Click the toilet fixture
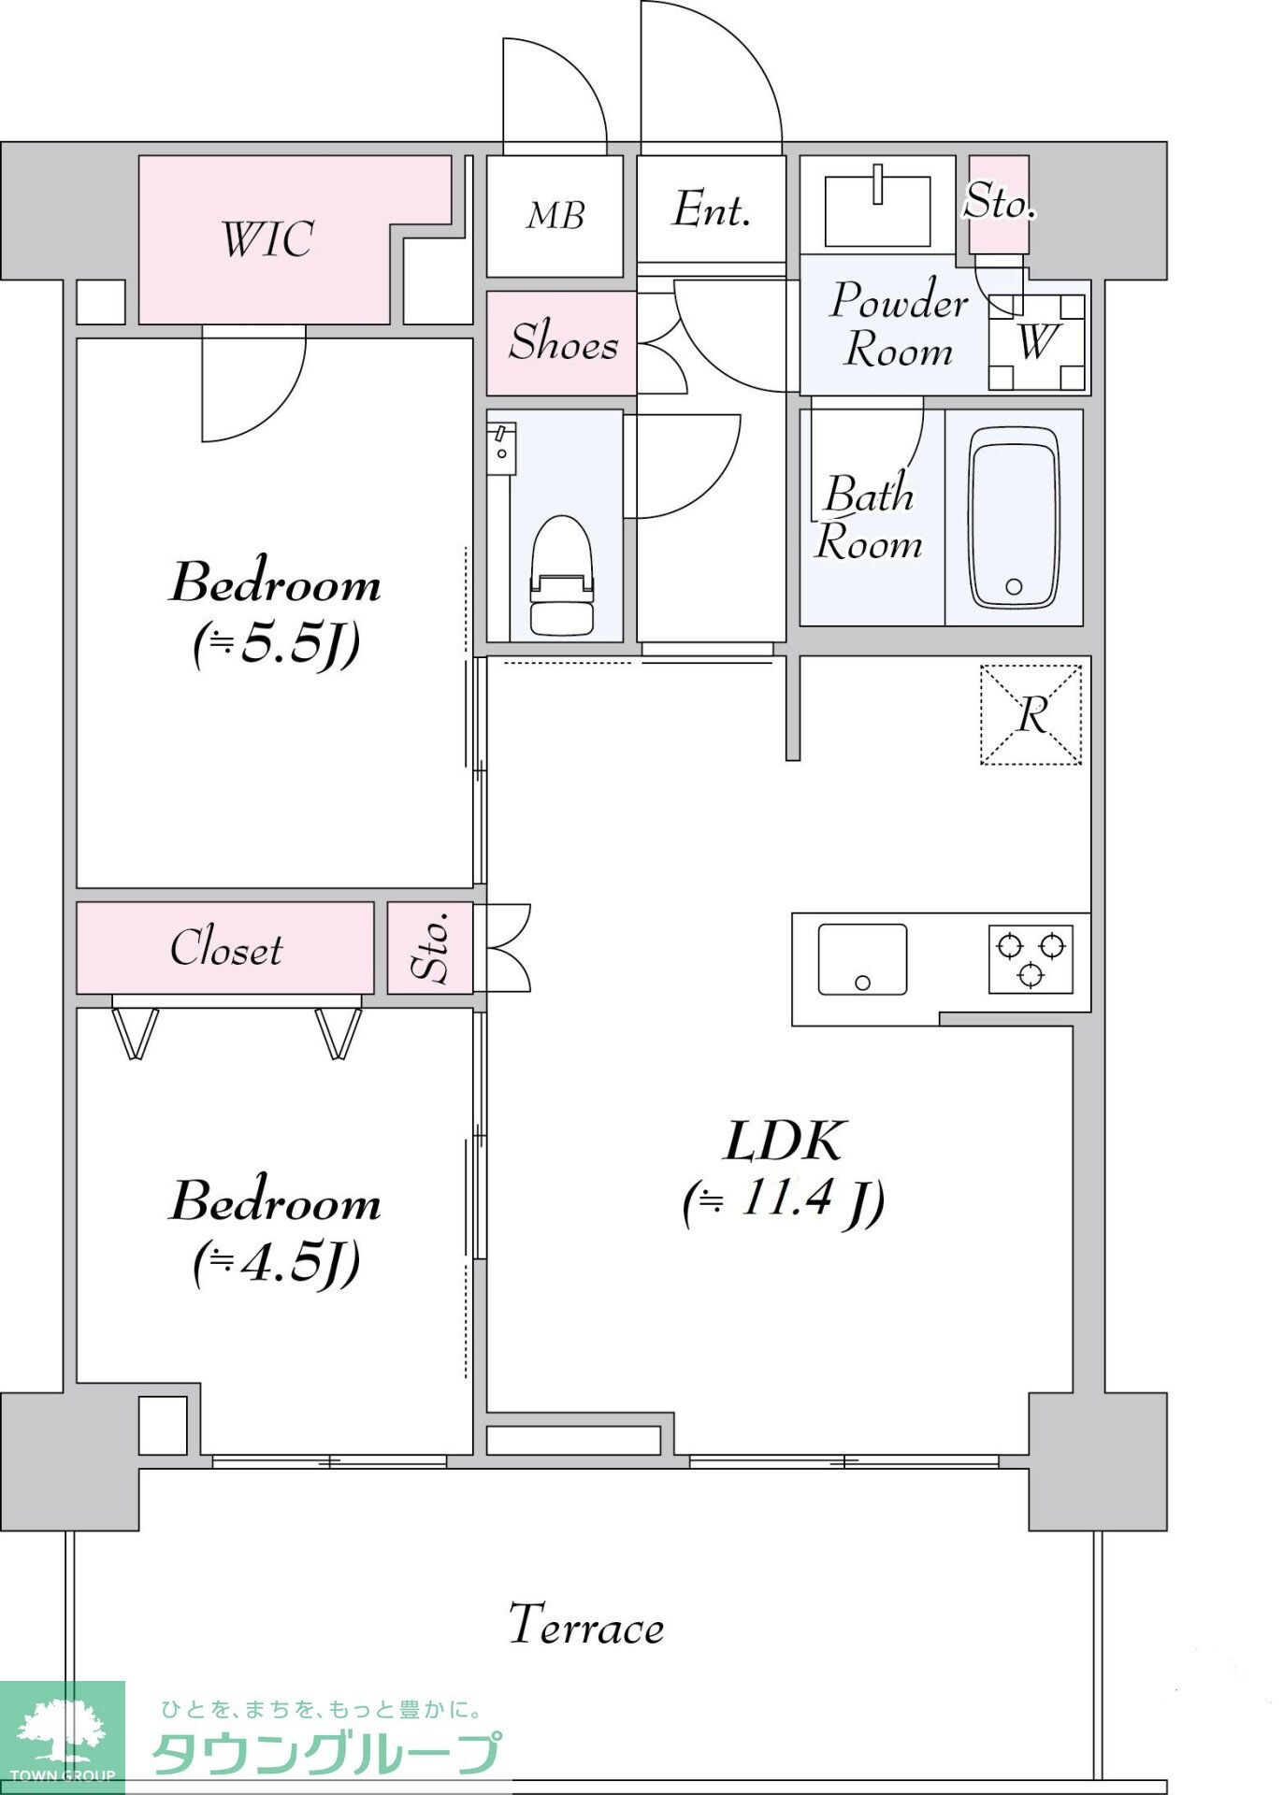[x=561, y=575]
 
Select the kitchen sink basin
[x=862, y=959]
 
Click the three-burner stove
[x=1031, y=958]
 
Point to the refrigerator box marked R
[x=1031, y=715]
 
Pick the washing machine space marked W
[x=1037, y=342]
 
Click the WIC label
[x=267, y=239]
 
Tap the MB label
[x=555, y=216]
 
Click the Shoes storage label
[x=563, y=341]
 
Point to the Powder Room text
[x=898, y=324]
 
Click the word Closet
[x=226, y=948]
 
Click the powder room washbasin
[x=877, y=207]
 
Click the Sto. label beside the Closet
[x=430, y=948]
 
